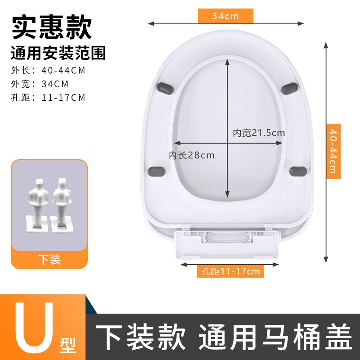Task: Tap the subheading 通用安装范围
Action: coord(58,54)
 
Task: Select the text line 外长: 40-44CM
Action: coord(48,70)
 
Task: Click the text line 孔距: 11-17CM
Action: coord(48,97)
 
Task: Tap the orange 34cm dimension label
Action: coord(225,16)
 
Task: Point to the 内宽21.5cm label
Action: coord(259,133)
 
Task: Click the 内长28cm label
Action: coord(191,155)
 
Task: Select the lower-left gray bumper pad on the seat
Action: coord(157,171)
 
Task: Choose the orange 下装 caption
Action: coord(49,259)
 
